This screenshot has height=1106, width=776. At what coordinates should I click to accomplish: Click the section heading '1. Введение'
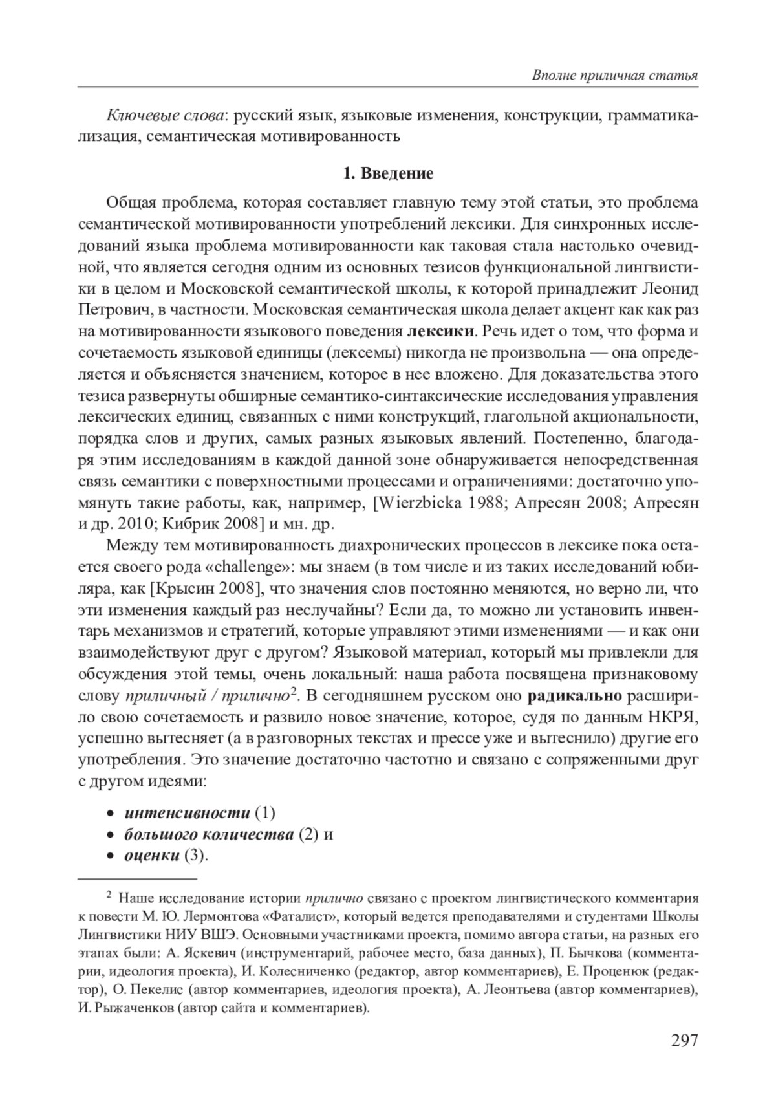(387, 173)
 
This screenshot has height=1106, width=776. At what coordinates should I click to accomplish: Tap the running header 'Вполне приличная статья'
(614, 75)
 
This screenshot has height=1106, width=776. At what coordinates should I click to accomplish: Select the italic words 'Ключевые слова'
(164, 116)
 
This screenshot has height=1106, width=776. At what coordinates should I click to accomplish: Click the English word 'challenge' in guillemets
(248, 567)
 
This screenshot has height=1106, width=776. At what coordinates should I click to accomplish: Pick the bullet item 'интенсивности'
(187, 812)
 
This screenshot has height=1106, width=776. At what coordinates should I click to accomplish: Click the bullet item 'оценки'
(152, 855)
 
